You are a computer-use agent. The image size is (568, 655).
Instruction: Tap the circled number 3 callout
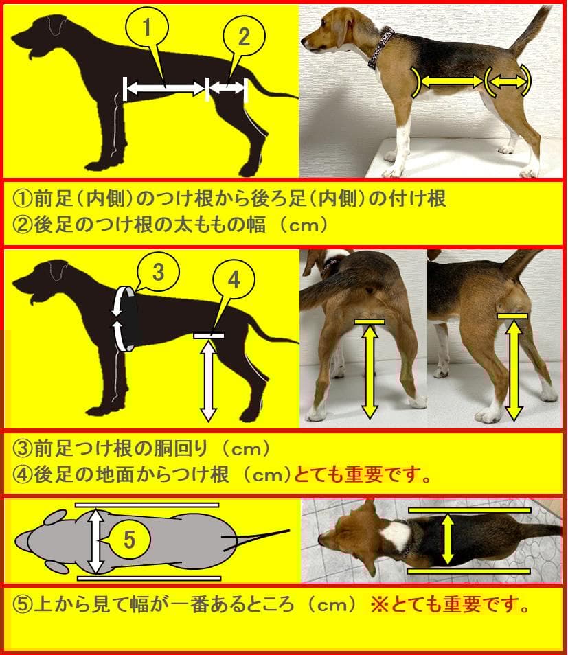157,273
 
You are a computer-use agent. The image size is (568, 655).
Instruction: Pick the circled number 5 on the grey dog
130,540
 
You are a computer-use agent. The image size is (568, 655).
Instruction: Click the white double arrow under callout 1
165,87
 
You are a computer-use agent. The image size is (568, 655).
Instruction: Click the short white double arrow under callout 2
227,87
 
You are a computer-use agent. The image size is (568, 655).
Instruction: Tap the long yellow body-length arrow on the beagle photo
450,82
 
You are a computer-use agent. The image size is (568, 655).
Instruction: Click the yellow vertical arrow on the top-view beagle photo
448,539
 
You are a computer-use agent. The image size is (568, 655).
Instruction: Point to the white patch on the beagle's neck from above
395,533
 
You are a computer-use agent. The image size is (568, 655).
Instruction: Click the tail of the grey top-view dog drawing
264,534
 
